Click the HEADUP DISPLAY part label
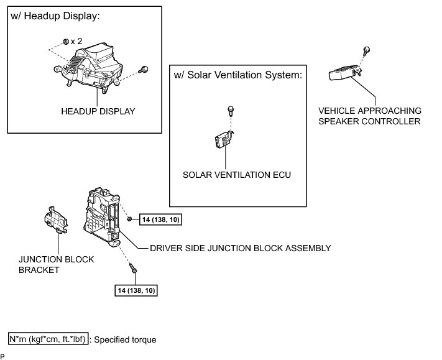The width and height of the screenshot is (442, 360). [x=98, y=111]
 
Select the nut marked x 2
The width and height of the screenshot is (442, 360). [x=66, y=42]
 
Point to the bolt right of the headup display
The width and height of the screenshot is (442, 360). [x=144, y=70]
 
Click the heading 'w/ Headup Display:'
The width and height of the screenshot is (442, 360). [x=55, y=16]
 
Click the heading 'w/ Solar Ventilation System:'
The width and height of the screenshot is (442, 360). [x=238, y=75]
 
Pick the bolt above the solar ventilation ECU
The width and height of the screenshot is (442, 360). [x=231, y=111]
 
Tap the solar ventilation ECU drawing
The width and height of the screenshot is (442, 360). [x=224, y=139]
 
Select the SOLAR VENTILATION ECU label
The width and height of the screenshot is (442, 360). [x=237, y=175]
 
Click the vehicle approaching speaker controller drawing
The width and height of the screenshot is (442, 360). [x=344, y=73]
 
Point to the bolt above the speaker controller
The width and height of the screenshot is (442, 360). [x=366, y=51]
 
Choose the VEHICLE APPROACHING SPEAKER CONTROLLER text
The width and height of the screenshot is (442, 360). [x=370, y=116]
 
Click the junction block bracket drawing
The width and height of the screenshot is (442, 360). [x=56, y=220]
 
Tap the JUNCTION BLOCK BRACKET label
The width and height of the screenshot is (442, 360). [x=56, y=265]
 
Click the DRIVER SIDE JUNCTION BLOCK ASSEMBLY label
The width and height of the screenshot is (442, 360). [x=241, y=248]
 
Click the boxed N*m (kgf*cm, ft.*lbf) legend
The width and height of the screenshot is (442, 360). [x=48, y=339]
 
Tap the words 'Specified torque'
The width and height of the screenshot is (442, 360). [x=125, y=339]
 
